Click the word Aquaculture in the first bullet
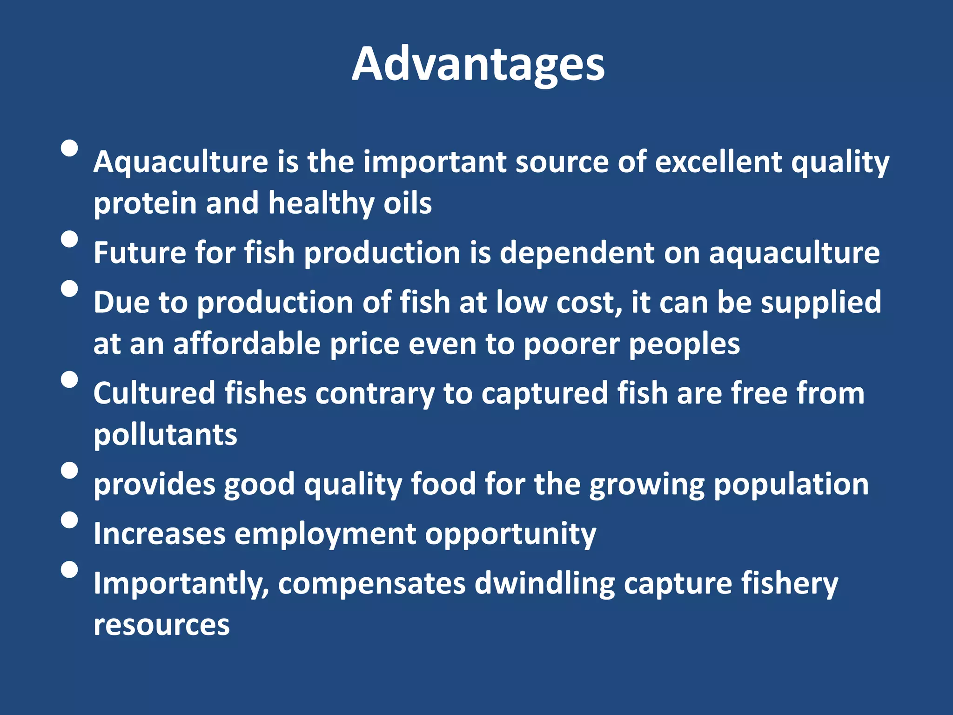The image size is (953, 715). point(181,162)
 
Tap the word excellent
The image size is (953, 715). point(718,162)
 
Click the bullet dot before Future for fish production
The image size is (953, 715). point(69,239)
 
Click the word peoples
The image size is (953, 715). point(684,345)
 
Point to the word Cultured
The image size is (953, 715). point(154,393)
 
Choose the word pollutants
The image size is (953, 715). point(165,435)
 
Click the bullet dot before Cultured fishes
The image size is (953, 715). point(69,379)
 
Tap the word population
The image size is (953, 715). point(791,485)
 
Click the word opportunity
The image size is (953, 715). point(510,534)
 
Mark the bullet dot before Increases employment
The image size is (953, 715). point(69,520)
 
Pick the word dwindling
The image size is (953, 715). point(544,583)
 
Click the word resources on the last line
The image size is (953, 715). point(161,625)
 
